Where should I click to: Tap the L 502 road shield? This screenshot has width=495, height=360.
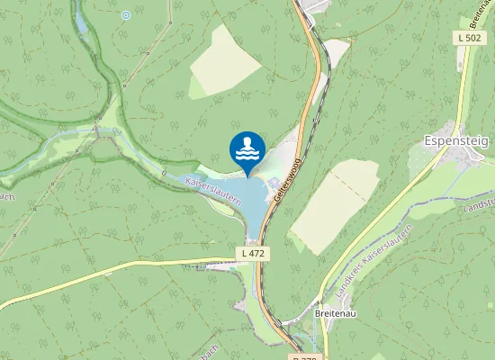pos(469,38)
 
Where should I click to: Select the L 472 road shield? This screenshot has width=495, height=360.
pos(254,255)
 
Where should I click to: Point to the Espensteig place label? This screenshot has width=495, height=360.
pos(456,141)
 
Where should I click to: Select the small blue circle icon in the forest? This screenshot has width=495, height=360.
pos(125,15)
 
